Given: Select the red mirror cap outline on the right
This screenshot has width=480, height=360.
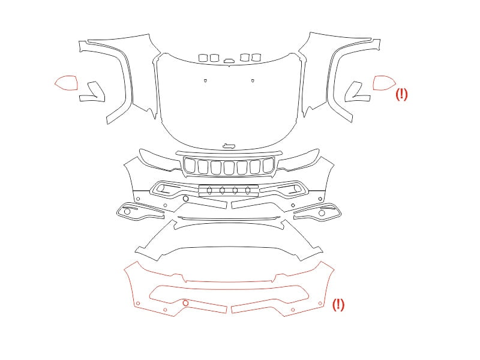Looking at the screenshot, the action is tap(384, 76).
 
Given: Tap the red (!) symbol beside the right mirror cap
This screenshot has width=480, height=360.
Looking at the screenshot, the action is tap(401, 94).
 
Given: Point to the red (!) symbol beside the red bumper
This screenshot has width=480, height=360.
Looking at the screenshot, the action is tap(338, 305).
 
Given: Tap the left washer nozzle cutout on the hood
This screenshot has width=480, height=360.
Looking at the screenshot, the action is tap(205, 80).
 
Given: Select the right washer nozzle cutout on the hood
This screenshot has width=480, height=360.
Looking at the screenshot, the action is tap(253, 80).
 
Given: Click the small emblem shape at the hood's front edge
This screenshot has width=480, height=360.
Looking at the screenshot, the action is tap(229, 146).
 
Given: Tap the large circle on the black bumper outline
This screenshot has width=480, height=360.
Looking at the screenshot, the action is tap(185, 199).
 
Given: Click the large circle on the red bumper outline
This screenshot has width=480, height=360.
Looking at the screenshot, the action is tap(185, 303).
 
